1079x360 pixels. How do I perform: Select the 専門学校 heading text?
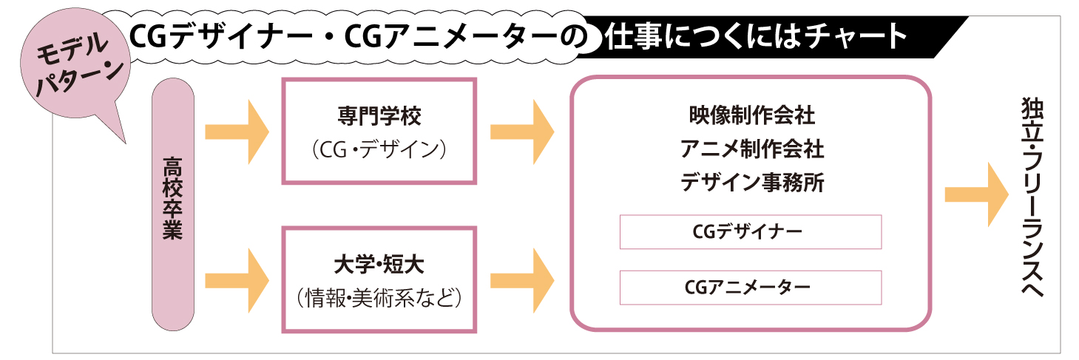click(x=378, y=116)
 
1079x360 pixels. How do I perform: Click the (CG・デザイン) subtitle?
click(x=378, y=149)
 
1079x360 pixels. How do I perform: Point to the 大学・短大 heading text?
click(x=378, y=263)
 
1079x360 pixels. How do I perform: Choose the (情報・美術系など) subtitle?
click(x=378, y=297)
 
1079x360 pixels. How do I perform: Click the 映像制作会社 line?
click(x=751, y=116)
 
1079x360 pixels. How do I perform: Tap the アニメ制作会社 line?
click(x=751, y=149)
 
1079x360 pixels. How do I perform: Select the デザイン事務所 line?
click(x=751, y=182)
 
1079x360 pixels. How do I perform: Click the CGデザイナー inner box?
click(x=751, y=231)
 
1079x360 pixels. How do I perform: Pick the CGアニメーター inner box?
click(x=751, y=288)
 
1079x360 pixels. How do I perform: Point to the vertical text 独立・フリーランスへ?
click(x=1031, y=197)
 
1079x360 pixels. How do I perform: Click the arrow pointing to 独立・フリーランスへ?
click(x=977, y=194)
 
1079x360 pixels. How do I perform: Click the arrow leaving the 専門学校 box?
click(x=522, y=132)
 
